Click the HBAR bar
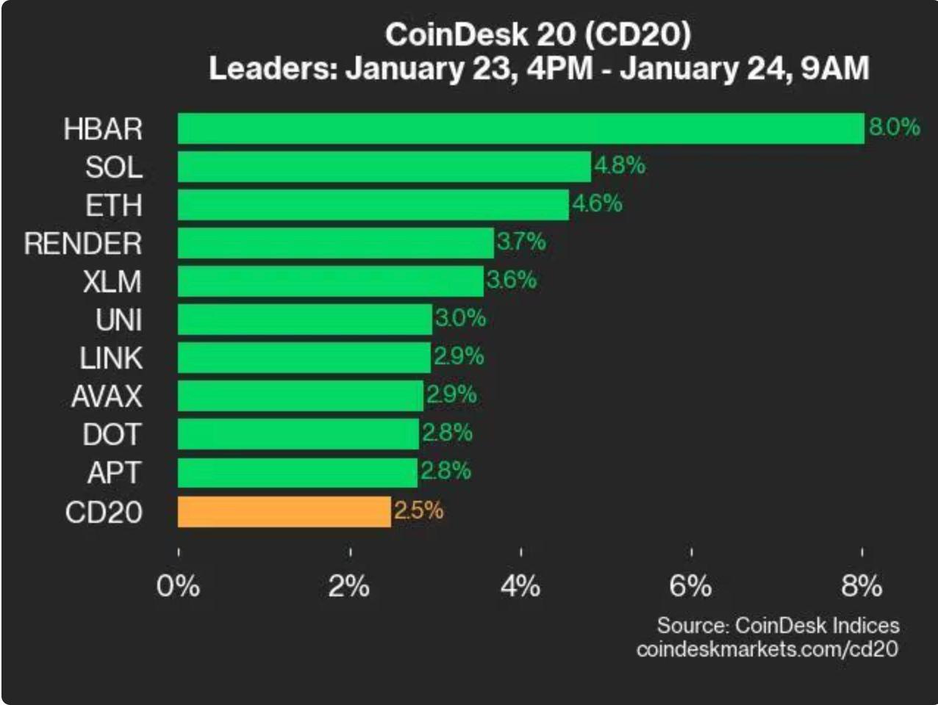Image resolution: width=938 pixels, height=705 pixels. tap(520, 129)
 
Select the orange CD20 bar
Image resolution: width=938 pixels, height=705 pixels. tap(284, 511)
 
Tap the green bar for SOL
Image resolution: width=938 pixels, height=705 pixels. tap(384, 167)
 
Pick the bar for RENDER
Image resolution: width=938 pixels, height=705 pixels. tap(335, 243)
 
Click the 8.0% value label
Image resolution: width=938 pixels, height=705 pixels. tap(894, 127)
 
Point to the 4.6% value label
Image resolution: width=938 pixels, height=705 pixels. tap(597, 203)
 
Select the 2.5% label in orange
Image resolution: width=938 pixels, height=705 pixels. tap(418, 510)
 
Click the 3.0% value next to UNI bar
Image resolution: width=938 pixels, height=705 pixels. tap(460, 318)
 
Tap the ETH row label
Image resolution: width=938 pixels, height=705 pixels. tap(113, 206)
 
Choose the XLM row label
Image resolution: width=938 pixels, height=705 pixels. tap(112, 282)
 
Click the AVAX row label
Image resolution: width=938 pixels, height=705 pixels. tap(107, 397)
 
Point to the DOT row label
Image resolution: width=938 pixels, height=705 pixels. tap(111, 435)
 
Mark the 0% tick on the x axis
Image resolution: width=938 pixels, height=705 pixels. tap(178, 586)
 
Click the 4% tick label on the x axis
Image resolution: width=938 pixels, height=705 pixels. tap(520, 586)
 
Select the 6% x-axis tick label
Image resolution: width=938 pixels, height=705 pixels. tap(690, 586)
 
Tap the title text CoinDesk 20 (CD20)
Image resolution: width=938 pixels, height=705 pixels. tap(537, 35)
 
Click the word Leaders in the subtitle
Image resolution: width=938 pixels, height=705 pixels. tap(271, 69)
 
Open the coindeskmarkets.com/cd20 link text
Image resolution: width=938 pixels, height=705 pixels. tap(767, 649)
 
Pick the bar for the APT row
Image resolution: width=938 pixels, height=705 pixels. tap(297, 473)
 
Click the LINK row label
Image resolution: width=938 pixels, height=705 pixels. tap(111, 358)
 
